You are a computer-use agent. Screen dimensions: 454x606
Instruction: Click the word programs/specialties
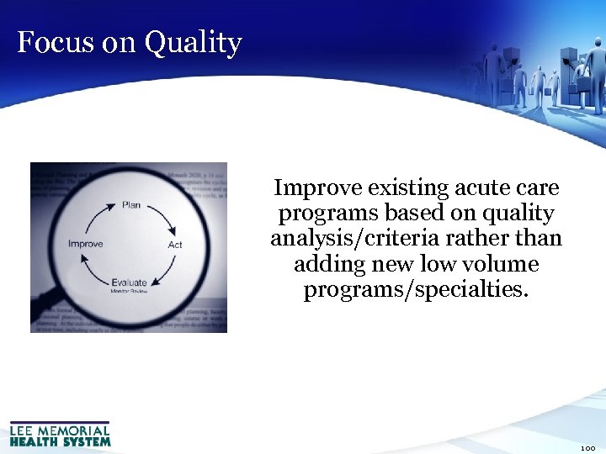pos(416,291)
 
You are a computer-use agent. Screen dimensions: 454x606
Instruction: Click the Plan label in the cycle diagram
pos(131,204)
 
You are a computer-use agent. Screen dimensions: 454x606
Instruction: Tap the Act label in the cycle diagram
pos(175,245)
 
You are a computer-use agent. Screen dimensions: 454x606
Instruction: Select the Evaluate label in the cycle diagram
pos(129,283)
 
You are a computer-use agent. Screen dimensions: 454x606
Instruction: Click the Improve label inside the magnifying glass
pos(85,244)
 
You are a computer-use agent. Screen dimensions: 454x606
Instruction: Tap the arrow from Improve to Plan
pos(97,217)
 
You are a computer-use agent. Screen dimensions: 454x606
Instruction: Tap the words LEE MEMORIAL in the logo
pos(60,430)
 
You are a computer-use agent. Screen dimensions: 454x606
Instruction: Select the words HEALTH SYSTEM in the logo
pos(60,441)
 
